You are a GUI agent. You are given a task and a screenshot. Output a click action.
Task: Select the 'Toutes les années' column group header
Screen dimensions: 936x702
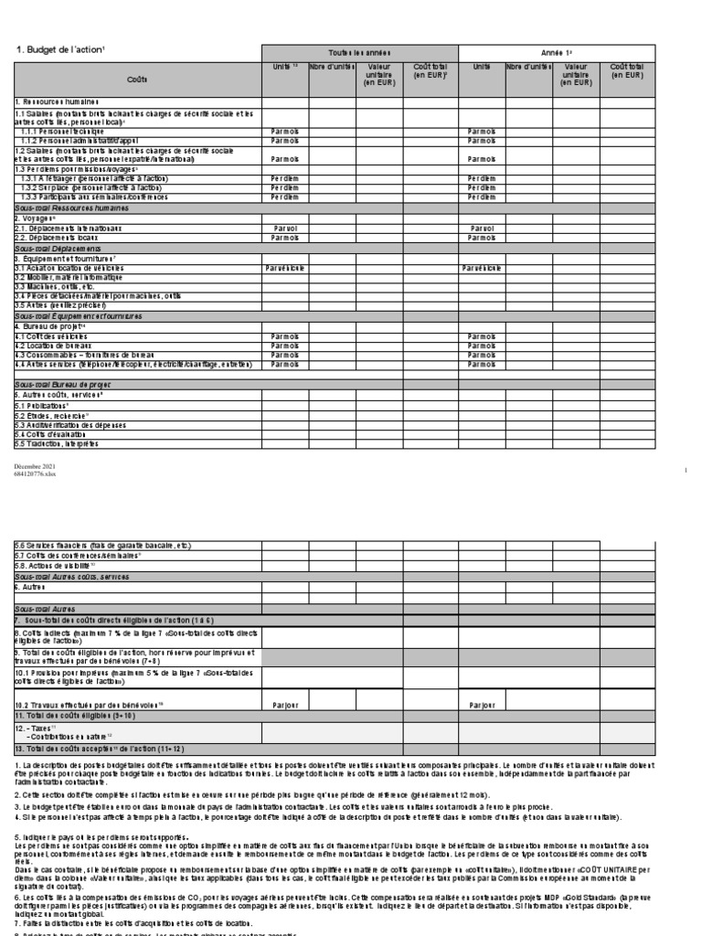(359, 53)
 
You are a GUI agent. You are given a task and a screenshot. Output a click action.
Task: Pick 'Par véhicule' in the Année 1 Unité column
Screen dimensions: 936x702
(481, 267)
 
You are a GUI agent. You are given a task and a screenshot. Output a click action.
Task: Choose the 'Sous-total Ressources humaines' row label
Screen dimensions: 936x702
(71, 207)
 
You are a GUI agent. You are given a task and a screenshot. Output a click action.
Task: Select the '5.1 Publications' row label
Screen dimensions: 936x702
(42, 403)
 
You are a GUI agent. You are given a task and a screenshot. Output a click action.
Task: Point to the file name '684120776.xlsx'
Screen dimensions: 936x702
(34, 473)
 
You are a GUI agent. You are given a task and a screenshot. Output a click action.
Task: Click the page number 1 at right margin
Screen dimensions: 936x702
(685, 470)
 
